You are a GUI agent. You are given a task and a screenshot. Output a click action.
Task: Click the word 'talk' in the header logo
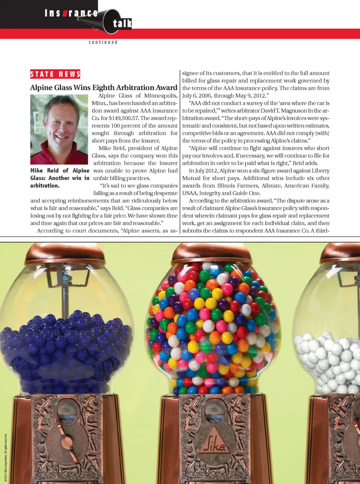[x=122, y=24]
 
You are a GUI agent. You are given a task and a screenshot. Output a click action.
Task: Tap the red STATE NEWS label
[x=55, y=74]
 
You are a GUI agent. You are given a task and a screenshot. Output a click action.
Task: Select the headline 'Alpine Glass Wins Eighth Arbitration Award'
[x=103, y=87]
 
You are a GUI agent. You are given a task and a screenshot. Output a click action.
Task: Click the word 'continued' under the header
[x=103, y=42]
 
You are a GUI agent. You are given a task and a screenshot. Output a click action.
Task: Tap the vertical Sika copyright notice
[x=6, y=457]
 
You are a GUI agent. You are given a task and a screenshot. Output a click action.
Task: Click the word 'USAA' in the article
[x=190, y=193]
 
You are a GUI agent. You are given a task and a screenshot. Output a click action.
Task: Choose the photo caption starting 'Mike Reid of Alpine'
[x=60, y=178]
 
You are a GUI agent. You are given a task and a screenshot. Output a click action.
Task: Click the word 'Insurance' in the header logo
[x=71, y=13]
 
